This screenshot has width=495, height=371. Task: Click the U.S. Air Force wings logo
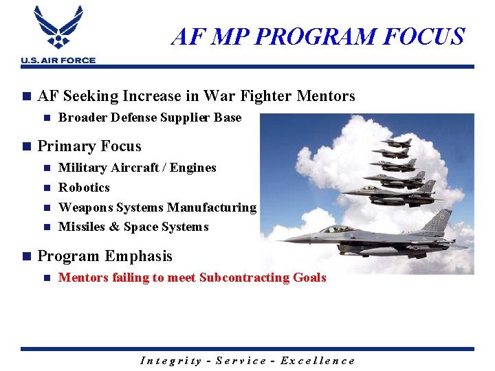point(58,30)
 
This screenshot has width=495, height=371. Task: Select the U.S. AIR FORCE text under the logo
point(58,60)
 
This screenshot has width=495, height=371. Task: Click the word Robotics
point(84,188)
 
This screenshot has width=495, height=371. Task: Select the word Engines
point(195,168)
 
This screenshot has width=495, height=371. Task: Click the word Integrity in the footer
point(170,361)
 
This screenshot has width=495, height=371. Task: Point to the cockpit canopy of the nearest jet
point(336,229)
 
